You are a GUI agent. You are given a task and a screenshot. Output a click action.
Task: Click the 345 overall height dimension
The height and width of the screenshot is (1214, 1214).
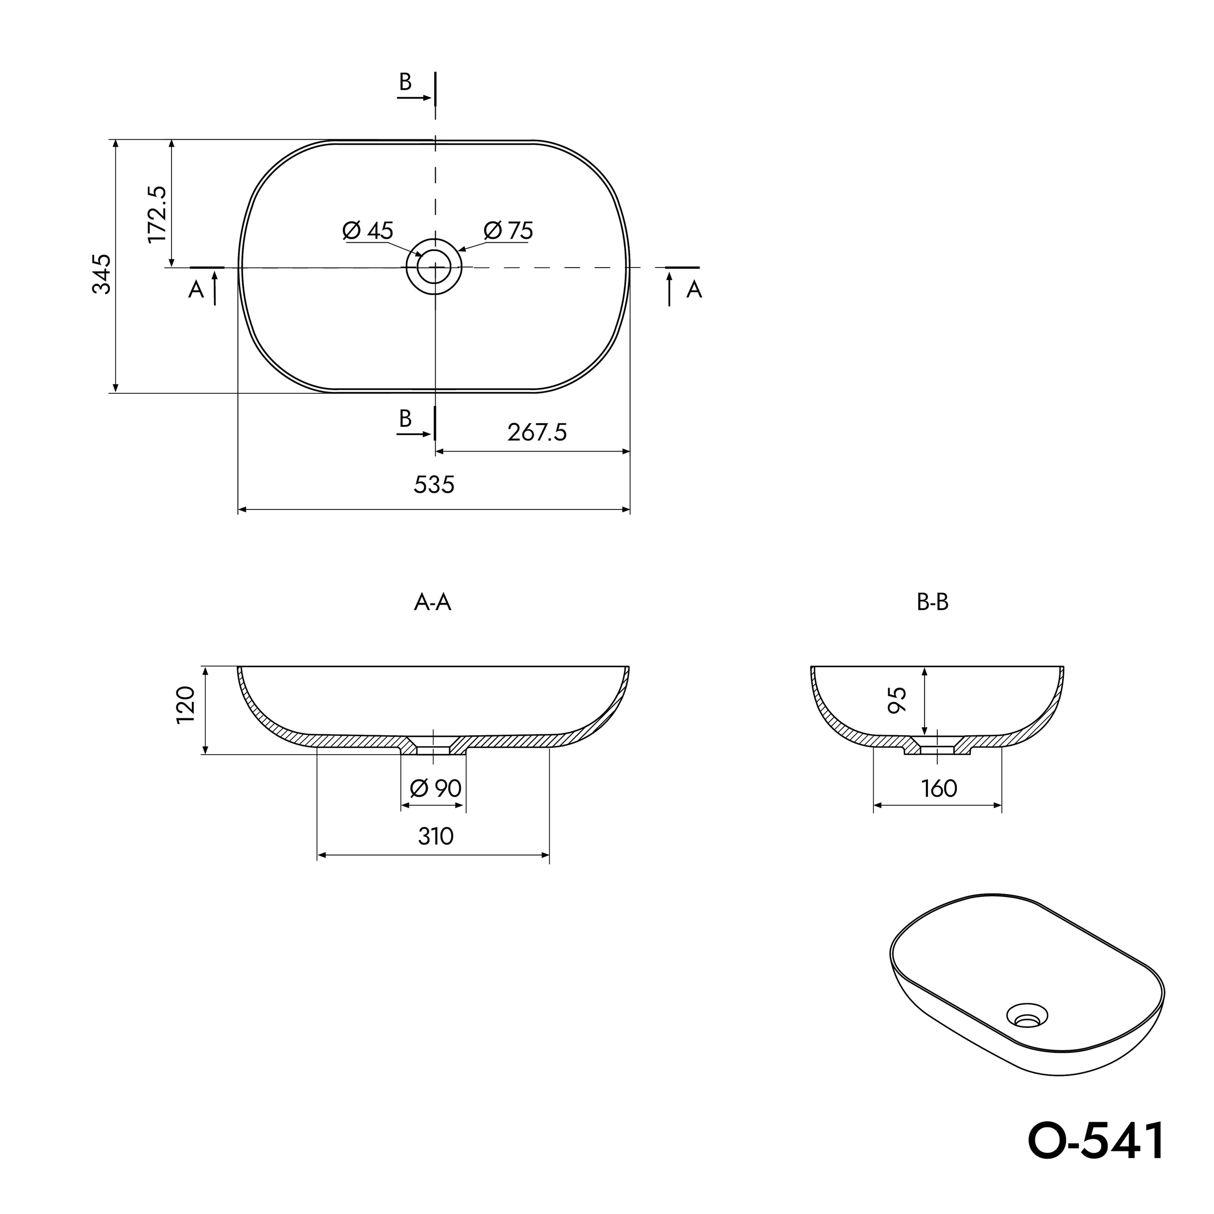pyautogui.click(x=102, y=274)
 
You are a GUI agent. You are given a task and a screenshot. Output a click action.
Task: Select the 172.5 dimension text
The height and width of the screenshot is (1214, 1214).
pyautogui.click(x=156, y=214)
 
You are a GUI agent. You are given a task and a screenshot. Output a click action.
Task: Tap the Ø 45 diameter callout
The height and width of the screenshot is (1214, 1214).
pyautogui.click(x=368, y=231)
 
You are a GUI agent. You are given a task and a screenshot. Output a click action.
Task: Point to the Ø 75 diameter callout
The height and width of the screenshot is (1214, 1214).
pyautogui.click(x=508, y=231)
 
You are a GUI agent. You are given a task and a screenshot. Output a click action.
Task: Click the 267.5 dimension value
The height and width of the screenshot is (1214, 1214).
pyautogui.click(x=537, y=432)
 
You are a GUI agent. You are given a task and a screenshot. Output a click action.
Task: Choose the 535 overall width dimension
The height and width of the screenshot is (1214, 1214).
pyautogui.click(x=434, y=485)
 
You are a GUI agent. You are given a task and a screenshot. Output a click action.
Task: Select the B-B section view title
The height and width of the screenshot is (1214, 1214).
pyautogui.click(x=932, y=603)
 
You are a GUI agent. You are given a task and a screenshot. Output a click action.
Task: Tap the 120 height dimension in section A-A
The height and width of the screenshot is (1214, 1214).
pyautogui.click(x=186, y=705)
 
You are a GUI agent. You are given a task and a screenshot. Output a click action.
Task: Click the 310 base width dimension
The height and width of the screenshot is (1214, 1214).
pyautogui.click(x=436, y=836)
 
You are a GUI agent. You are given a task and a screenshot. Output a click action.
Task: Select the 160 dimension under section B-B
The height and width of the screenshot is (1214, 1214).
pyautogui.click(x=939, y=789)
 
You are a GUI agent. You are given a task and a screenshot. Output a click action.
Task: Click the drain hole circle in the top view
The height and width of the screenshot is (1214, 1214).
pyautogui.click(x=435, y=267)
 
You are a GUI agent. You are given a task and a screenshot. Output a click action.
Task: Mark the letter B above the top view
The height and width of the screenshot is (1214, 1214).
pyautogui.click(x=405, y=82)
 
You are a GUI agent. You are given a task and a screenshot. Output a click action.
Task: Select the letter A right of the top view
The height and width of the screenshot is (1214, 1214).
pyautogui.click(x=694, y=290)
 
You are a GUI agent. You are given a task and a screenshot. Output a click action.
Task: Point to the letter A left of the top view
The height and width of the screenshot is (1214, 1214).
pyautogui.click(x=196, y=290)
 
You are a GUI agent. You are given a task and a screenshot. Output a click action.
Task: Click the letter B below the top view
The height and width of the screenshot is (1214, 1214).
pyautogui.click(x=405, y=418)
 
